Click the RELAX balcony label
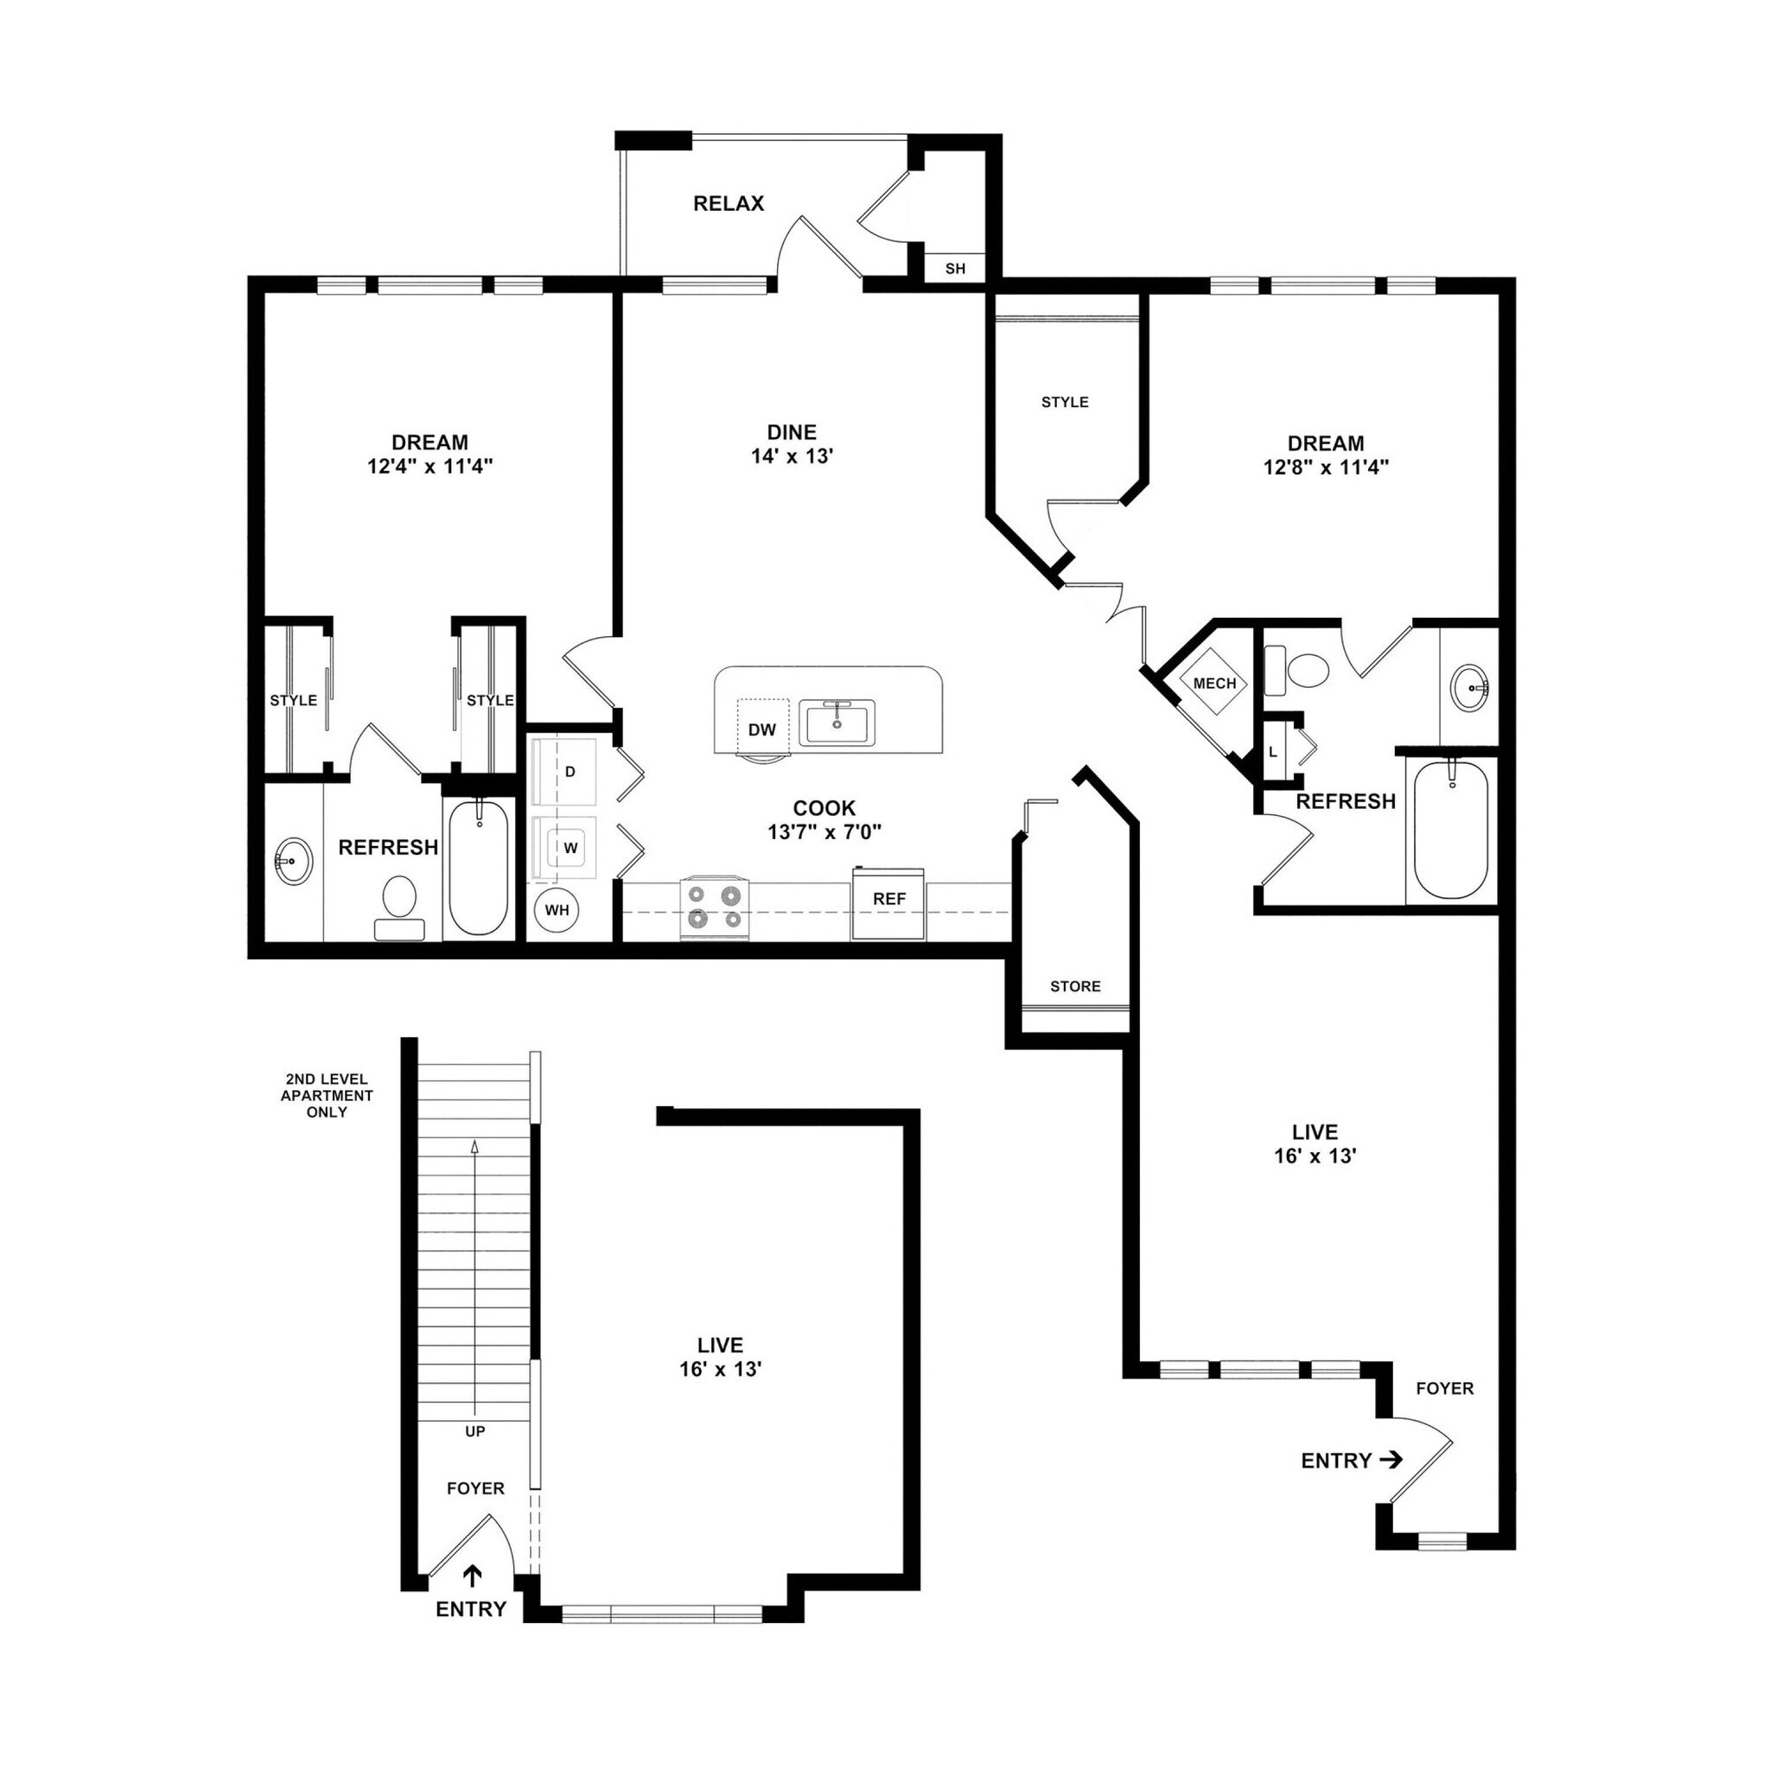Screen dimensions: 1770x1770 point(729,203)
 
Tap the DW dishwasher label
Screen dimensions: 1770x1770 point(761,729)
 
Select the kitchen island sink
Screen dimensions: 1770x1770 point(837,722)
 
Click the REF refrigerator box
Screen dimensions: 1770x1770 point(888,902)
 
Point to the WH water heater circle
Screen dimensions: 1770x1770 point(557,910)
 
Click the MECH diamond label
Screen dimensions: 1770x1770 point(1214,684)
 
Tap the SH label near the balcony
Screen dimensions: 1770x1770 point(955,269)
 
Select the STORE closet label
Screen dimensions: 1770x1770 point(1074,986)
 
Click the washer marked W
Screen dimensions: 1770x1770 point(570,848)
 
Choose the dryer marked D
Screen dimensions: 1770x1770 point(570,772)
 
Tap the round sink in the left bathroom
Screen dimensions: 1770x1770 point(293,861)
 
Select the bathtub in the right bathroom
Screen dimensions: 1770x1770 point(1450,829)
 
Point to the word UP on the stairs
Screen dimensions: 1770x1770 point(474,1430)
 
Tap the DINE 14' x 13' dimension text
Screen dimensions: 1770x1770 point(792,455)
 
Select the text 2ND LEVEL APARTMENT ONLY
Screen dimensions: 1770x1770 point(327,1095)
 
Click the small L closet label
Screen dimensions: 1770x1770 point(1272,751)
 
